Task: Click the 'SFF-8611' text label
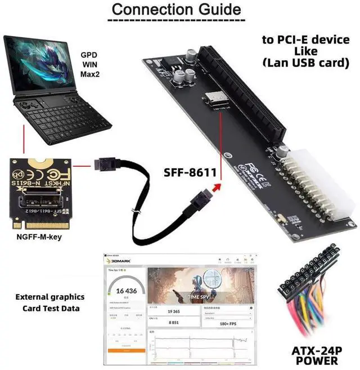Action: pos(190,173)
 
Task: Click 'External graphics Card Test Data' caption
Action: pos(50,302)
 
